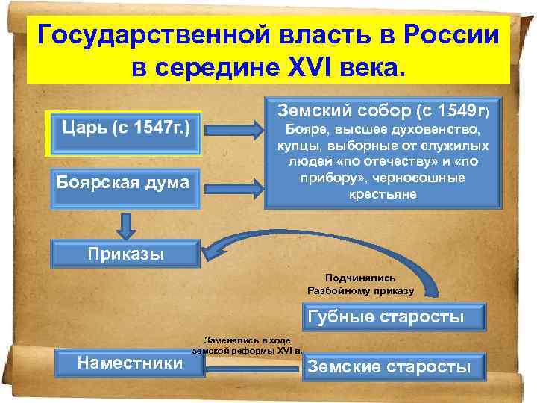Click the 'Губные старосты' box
(385, 316)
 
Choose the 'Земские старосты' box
(389, 366)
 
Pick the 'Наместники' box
(131, 363)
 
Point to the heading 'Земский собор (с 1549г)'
(383, 110)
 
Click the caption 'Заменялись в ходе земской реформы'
(246, 344)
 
